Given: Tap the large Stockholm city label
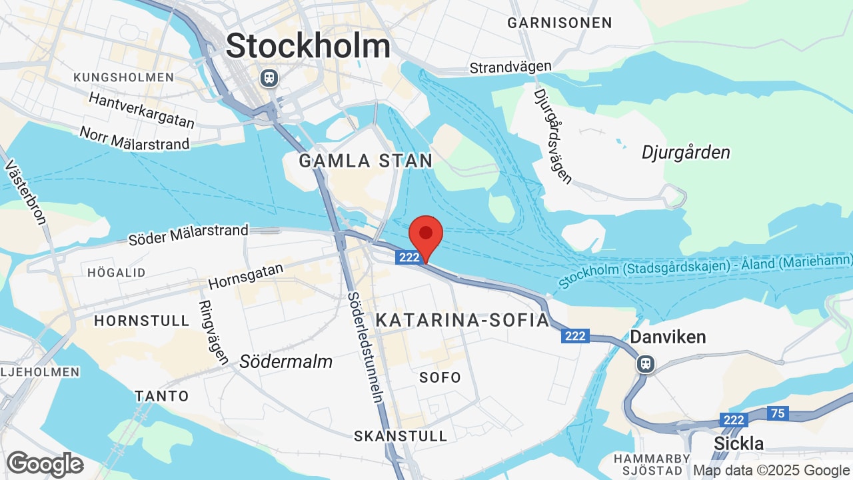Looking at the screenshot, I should (x=308, y=46).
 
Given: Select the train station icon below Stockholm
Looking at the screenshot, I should (x=269, y=77).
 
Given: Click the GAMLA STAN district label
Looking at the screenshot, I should (x=365, y=161).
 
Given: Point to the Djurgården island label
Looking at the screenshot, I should (x=686, y=153).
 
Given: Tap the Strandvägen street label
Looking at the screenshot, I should (x=510, y=67).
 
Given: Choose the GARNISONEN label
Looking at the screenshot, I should (x=559, y=23).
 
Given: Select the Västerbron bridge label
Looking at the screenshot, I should (x=27, y=193).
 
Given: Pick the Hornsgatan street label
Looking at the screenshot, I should (x=246, y=275).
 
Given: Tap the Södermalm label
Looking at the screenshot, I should (x=286, y=361).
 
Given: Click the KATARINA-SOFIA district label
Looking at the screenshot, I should (x=462, y=320).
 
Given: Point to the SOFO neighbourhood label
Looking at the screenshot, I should (x=440, y=377).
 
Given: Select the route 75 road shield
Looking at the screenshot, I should (x=777, y=413).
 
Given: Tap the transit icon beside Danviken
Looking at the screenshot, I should (x=645, y=363).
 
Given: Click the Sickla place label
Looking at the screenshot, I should (x=738, y=443).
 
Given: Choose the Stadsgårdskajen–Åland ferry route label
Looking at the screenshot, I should (x=705, y=269).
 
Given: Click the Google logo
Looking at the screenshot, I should (x=45, y=464).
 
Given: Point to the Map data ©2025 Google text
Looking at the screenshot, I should (x=770, y=470).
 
